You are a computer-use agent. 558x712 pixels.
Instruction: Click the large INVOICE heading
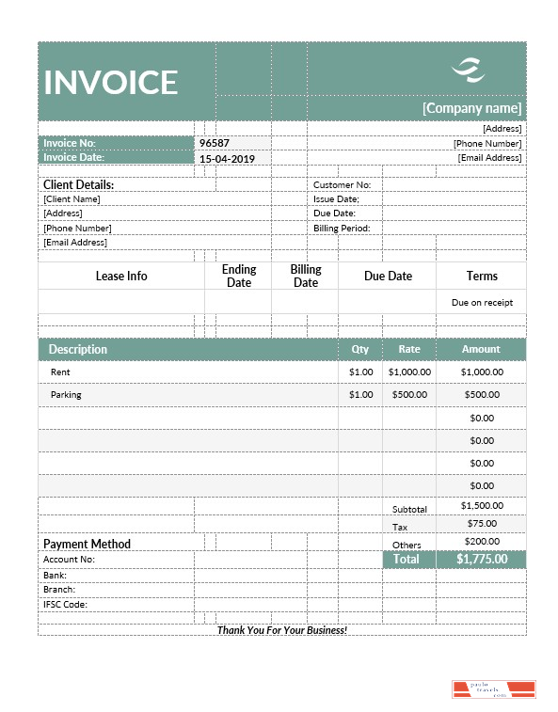tap(111, 83)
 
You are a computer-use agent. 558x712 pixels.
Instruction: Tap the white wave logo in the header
tap(468, 69)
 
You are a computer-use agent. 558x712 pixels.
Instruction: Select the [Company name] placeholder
tap(471, 108)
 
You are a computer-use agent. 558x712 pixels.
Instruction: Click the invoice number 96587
tap(214, 143)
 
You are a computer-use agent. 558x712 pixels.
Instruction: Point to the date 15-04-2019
tap(227, 159)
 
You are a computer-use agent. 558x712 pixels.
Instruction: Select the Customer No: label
tap(342, 185)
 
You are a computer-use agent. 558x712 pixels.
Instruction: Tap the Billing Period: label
tap(342, 228)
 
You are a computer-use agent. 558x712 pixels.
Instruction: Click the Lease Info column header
tap(121, 276)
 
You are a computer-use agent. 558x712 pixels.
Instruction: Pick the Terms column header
tap(482, 276)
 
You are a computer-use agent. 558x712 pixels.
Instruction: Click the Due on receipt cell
tap(482, 303)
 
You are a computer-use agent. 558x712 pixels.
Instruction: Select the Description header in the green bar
tap(78, 349)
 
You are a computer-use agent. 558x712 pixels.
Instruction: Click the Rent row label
tap(60, 372)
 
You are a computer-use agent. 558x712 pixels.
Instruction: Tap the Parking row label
tap(66, 395)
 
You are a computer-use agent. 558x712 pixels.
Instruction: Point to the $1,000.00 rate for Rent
tap(409, 372)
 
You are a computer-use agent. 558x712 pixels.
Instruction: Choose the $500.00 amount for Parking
tap(482, 395)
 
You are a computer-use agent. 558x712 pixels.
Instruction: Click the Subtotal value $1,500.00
tap(482, 506)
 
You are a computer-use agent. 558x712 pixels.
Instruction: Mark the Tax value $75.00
tap(482, 523)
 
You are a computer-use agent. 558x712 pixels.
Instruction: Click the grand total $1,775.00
tap(482, 559)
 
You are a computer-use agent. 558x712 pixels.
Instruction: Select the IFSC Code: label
tap(65, 604)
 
